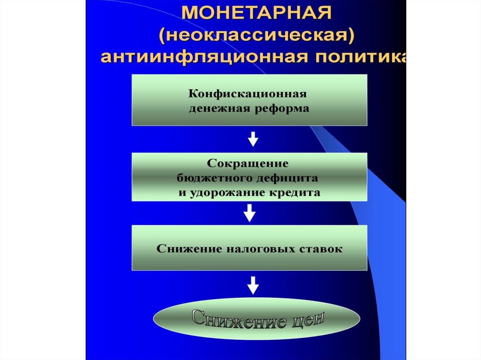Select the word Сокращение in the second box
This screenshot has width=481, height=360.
(x=247, y=165)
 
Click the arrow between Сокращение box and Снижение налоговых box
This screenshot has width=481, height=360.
(x=250, y=214)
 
